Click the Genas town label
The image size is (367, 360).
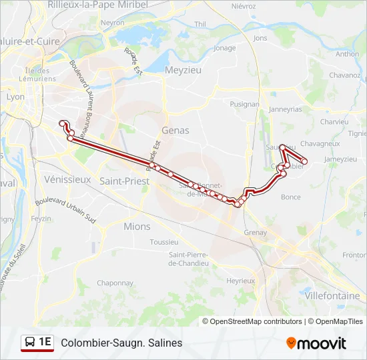175,131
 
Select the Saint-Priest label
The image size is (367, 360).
124,181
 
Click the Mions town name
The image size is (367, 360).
137,227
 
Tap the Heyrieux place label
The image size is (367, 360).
241,281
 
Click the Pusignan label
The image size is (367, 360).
244,105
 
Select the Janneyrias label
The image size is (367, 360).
285,109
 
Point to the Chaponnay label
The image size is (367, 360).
115,283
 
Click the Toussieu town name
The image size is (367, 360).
164,242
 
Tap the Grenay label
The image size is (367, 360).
256,233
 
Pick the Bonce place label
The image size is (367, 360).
291,197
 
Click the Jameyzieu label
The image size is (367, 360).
340,159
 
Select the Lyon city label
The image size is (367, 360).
15,97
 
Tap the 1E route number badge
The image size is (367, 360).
38,343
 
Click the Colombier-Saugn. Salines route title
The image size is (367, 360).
121,343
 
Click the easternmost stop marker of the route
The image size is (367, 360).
304,161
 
